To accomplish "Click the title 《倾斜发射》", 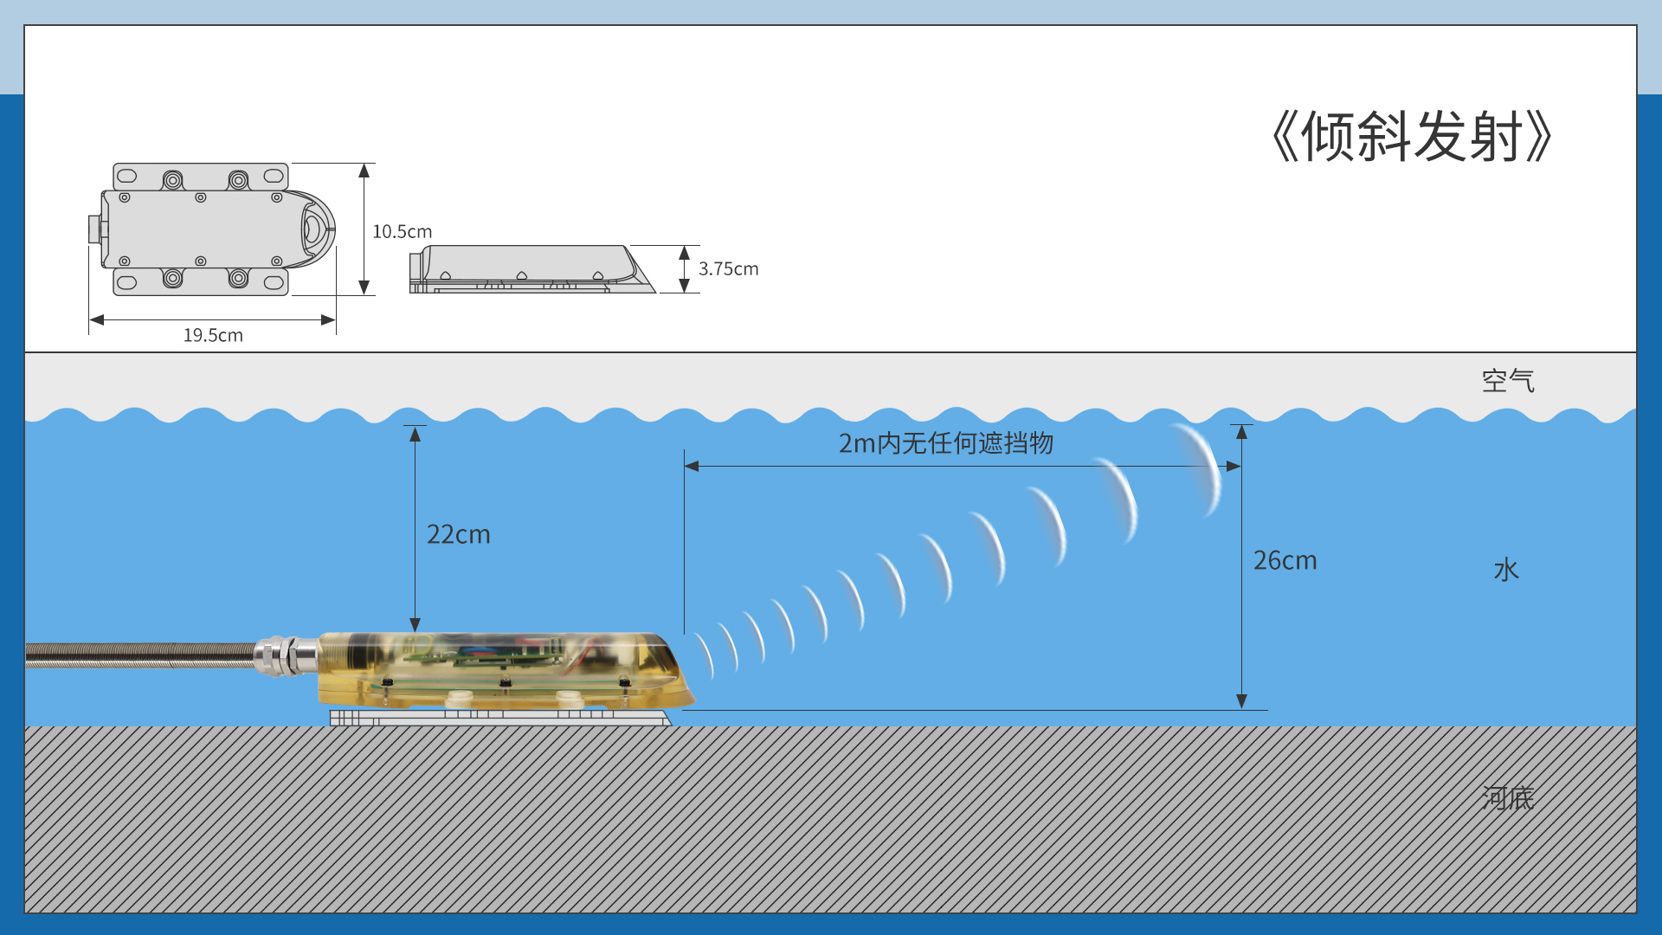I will (1411, 137).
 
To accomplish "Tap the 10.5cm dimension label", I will (402, 232).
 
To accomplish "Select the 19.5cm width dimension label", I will (213, 335).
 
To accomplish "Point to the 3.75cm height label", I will (728, 269).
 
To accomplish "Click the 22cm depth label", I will (458, 534).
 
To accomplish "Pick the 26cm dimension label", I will (1285, 560).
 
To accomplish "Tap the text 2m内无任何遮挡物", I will (945, 443).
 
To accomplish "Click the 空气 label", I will (1507, 381).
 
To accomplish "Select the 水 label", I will (1506, 570).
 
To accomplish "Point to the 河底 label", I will (1507, 797).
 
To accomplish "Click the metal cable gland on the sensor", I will (286, 655).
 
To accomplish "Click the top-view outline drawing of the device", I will (212, 229).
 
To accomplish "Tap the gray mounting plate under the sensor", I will (500, 718).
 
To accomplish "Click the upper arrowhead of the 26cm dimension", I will (1241, 432).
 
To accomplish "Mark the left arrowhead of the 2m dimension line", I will (692, 466).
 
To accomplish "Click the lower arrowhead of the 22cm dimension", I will (415, 624).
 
